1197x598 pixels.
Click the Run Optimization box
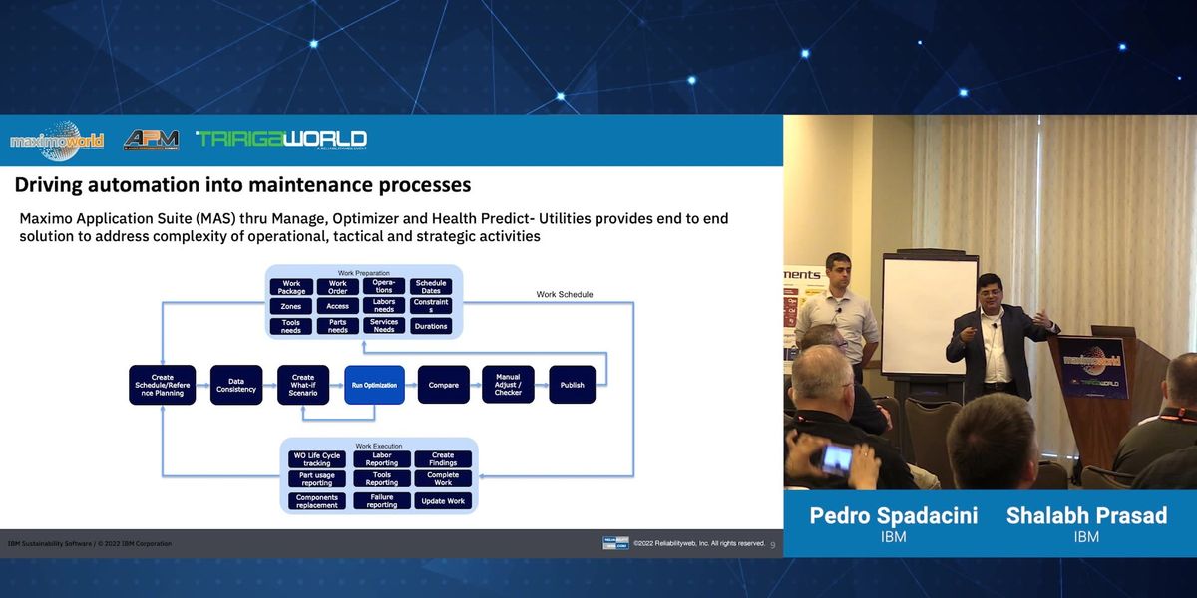(374, 385)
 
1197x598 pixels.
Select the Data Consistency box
(236, 385)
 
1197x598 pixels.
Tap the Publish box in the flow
(572, 385)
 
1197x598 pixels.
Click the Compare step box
(443, 385)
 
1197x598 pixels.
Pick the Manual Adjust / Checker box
(508, 385)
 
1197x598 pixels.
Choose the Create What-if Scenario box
(303, 385)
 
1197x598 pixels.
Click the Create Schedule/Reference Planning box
(162, 385)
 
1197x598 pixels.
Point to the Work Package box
(291, 287)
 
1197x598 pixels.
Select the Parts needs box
(338, 326)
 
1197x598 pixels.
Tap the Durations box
(431, 326)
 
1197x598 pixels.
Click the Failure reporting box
(382, 501)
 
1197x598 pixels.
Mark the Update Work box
(443, 501)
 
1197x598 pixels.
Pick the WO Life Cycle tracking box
(317, 459)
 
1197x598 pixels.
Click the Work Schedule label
(564, 294)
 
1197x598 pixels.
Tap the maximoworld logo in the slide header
(57, 141)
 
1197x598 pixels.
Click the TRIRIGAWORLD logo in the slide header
(281, 140)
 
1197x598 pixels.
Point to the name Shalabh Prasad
(1086, 515)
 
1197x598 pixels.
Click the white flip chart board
(929, 315)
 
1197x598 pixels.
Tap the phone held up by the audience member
(836, 457)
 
